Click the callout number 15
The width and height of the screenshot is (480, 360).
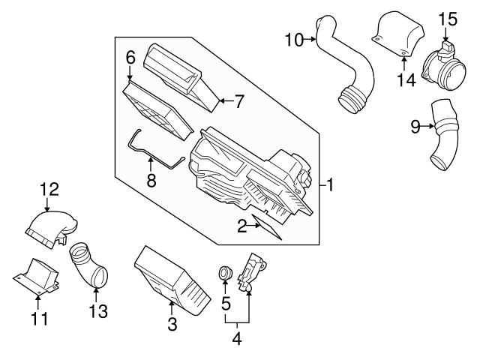point(447,17)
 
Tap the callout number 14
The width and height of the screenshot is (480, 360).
point(405,79)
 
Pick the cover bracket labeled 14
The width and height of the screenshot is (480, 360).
point(397,34)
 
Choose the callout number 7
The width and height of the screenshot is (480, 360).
point(238,102)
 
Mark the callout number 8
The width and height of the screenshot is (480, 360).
point(150,181)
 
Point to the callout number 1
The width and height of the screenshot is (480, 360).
point(330,183)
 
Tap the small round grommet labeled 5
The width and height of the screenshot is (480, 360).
point(223,274)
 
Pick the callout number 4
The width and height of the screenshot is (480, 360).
point(237,338)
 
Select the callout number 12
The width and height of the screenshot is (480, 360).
point(48,189)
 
